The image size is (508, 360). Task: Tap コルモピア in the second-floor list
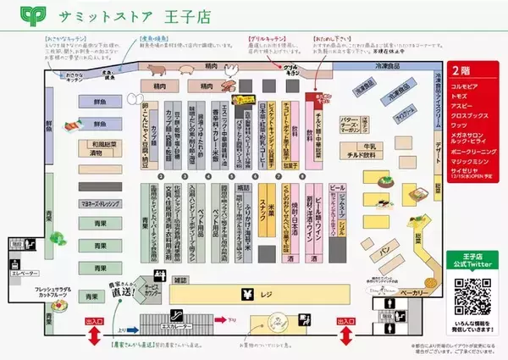[x=468, y=86]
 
